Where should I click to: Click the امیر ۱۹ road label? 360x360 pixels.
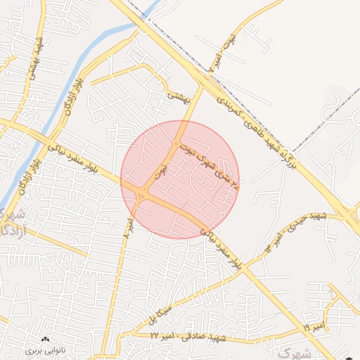pyautogui.click(x=314, y=328)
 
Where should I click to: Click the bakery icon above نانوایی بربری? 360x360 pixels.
pyautogui.click(x=46, y=340)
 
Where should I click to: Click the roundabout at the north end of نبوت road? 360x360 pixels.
pyautogui.click(x=176, y=144)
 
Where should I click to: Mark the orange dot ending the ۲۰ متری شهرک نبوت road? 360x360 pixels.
pyautogui.click(x=238, y=188)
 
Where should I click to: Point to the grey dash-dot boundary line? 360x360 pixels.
pyautogui.click(x=309, y=141)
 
